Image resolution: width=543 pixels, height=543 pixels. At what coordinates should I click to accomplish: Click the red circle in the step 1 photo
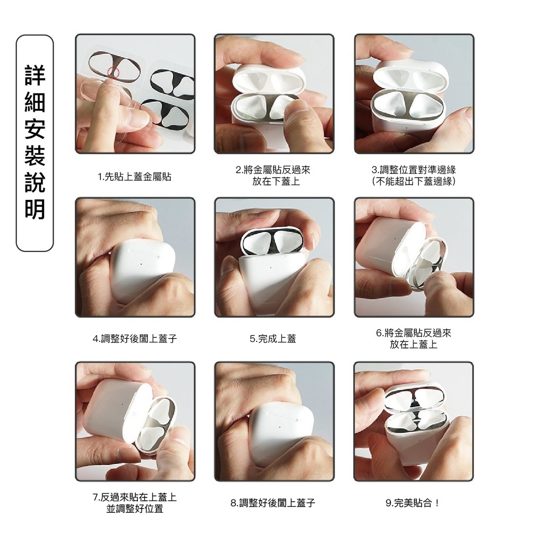tap(113, 72)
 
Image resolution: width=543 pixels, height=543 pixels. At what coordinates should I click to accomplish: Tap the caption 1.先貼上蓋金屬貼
tap(135, 177)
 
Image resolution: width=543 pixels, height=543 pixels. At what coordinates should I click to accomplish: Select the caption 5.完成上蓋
tap(273, 338)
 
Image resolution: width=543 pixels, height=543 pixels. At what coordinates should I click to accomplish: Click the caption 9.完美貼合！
tap(413, 503)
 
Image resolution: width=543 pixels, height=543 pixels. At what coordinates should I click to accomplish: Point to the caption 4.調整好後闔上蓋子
tap(135, 338)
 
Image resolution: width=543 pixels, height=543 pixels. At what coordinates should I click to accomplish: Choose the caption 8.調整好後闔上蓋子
tap(273, 503)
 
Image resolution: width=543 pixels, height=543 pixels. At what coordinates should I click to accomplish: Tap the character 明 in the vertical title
tap(35, 209)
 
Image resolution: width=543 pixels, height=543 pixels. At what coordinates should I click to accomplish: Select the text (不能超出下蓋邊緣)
tap(414, 181)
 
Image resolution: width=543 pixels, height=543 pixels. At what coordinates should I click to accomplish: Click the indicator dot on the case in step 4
tap(141, 264)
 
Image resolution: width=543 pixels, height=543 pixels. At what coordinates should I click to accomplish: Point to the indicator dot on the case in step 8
tap(279, 427)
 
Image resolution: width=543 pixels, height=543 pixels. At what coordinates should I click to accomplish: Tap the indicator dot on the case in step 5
tap(270, 267)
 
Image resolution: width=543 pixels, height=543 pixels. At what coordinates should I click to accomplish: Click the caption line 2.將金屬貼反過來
tap(273, 170)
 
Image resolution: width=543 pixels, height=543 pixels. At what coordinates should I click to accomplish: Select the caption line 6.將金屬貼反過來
tap(414, 333)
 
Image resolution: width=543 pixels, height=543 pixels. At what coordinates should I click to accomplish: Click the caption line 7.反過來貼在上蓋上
tap(135, 497)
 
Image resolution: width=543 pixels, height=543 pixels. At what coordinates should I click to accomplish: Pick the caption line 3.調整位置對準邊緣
tap(414, 170)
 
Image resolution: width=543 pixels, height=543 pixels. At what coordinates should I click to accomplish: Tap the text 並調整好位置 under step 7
tap(135, 509)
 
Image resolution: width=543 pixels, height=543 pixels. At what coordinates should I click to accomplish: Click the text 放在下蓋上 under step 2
tap(276, 181)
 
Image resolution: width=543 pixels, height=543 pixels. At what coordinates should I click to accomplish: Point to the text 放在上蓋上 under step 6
tap(414, 344)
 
